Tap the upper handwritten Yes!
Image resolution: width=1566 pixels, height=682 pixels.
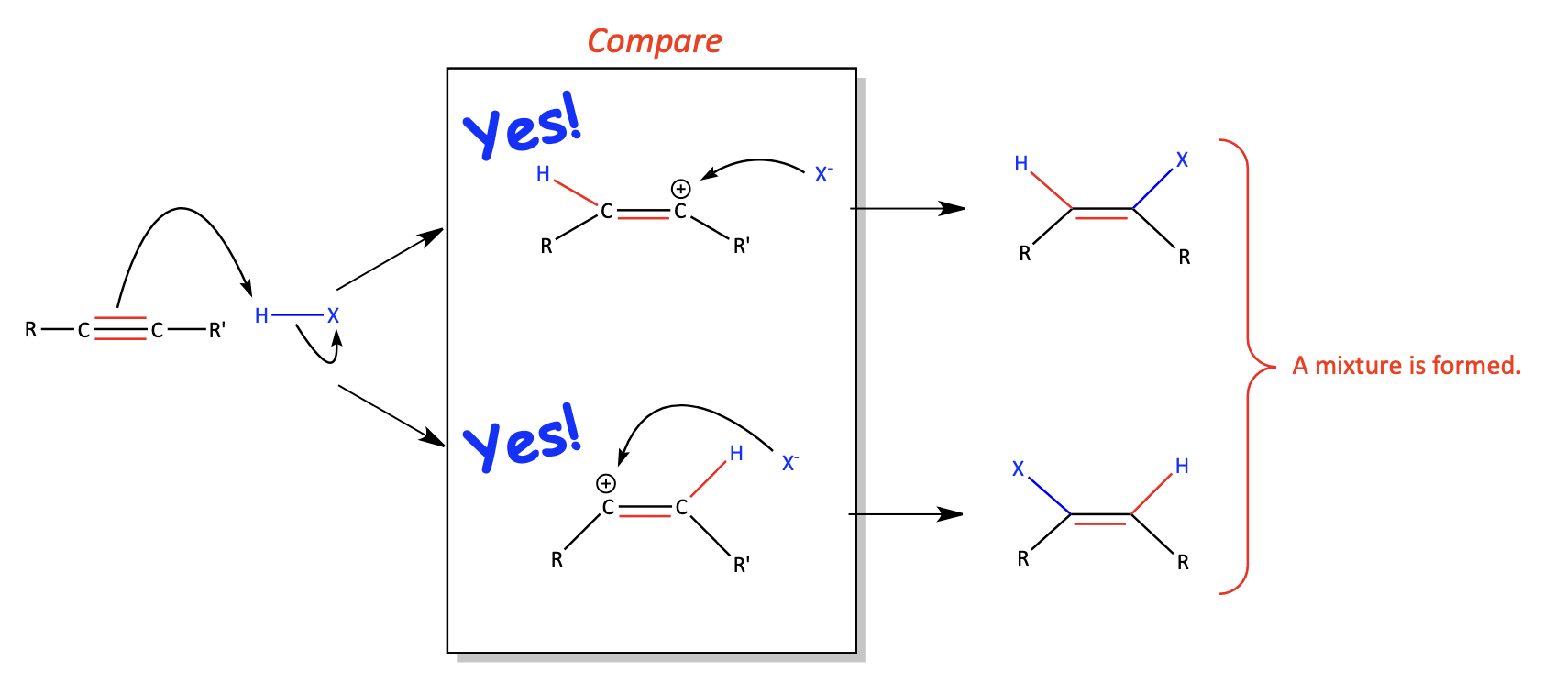523,126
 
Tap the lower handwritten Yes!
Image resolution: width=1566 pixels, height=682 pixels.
523,438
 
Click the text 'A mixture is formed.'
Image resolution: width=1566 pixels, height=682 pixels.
1406,366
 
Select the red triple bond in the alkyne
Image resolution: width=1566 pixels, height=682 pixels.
120,328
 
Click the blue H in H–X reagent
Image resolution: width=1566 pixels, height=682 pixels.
261,316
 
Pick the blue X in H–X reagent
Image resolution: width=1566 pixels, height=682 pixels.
334,316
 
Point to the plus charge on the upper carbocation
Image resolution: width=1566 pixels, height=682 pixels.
681,189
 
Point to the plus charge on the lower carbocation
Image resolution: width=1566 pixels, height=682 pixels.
606,484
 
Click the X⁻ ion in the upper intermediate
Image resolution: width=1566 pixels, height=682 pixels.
823,174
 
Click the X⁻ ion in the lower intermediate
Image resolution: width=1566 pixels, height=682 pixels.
790,463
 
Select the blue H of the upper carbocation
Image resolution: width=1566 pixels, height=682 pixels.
543,174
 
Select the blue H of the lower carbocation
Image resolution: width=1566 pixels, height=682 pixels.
736,454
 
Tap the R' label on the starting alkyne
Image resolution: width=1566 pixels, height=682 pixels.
217,330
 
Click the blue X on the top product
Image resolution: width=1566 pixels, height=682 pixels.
1182,160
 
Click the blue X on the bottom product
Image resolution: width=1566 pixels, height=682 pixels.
1019,469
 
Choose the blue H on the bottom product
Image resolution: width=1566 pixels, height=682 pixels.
1182,466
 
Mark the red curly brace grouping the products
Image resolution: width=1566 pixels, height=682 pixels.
1249,366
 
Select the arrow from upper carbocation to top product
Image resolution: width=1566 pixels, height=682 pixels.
908,208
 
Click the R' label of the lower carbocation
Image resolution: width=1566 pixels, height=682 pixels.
742,565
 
